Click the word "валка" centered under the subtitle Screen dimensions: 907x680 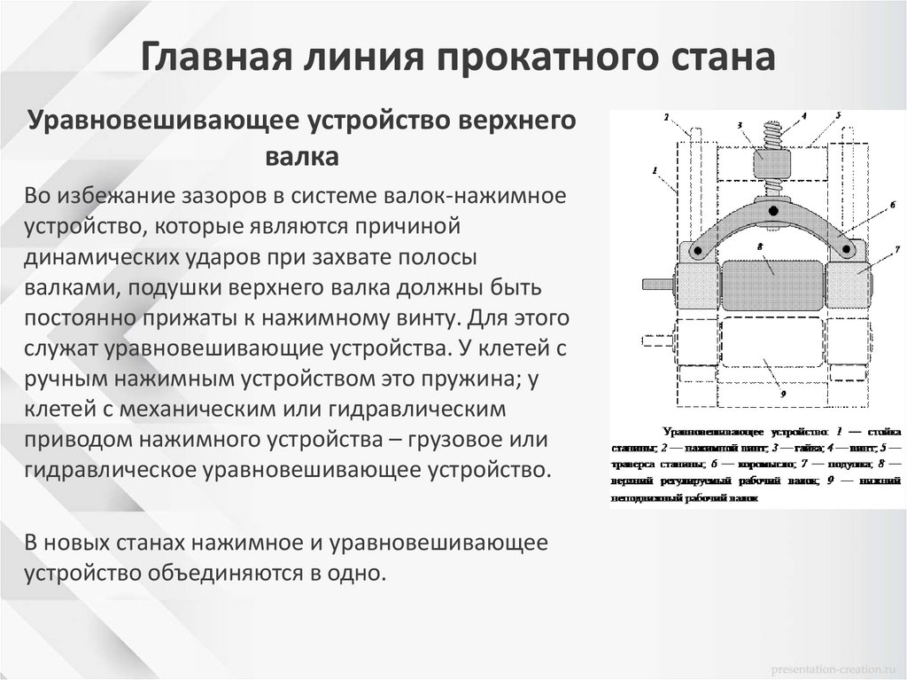pyautogui.click(x=301, y=157)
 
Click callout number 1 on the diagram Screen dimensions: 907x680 pyautogui.click(x=654, y=169)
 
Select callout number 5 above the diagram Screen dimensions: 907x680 pyautogui.click(x=838, y=115)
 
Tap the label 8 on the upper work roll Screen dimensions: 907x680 pyautogui.click(x=760, y=245)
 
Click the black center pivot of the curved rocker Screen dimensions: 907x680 pyautogui.click(x=773, y=211)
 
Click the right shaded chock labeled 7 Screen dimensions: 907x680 pyautogui.click(x=851, y=283)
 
